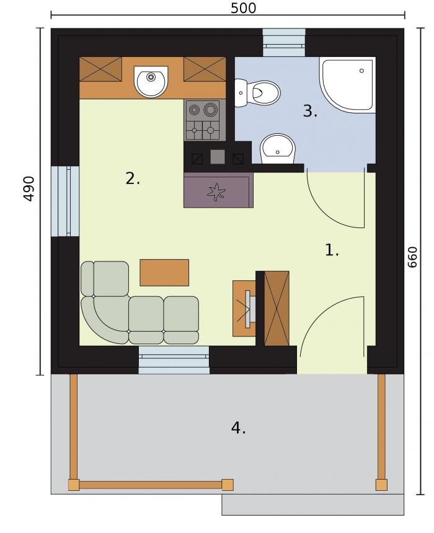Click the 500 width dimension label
pyautogui.click(x=243, y=8)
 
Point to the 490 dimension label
pyautogui.click(x=30, y=189)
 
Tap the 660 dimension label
pyautogui.click(x=412, y=257)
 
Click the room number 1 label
pyautogui.click(x=332, y=250)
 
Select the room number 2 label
pyautogui.click(x=133, y=178)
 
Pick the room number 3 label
pyautogui.click(x=310, y=111)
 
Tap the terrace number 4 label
pyautogui.click(x=238, y=428)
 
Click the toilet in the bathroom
pyautogui.click(x=257, y=93)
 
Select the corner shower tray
pyautogui.click(x=347, y=85)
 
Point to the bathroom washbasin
pyautogui.click(x=278, y=149)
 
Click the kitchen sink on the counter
pyautogui.click(x=151, y=81)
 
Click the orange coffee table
pyautogui.click(x=164, y=272)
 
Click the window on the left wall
pyautogui.click(x=65, y=201)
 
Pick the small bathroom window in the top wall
pyautogui.click(x=284, y=42)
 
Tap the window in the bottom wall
pyautogui.click(x=174, y=360)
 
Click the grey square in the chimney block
pyautogui.click(x=218, y=157)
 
